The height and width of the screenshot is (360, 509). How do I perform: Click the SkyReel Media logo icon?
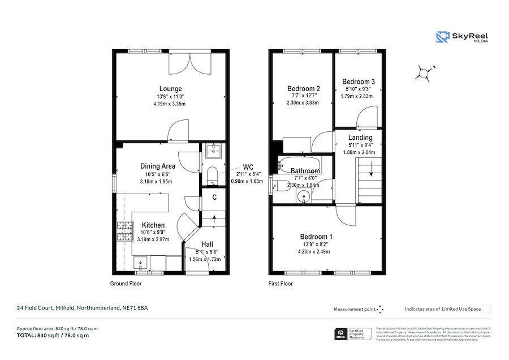(x=442, y=37)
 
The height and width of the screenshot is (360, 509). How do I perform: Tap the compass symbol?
(x=424, y=72)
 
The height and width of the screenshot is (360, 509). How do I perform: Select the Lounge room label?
(x=170, y=89)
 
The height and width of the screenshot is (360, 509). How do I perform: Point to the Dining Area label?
(x=157, y=166)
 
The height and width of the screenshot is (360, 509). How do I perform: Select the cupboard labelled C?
(x=215, y=198)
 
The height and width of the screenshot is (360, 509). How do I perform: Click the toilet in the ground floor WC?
(x=212, y=173)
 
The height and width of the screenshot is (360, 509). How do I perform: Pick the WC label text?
(x=248, y=167)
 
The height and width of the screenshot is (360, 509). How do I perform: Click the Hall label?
(x=207, y=245)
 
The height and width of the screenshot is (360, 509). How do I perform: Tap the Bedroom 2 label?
(x=304, y=89)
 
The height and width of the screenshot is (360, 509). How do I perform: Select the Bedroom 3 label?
(x=358, y=82)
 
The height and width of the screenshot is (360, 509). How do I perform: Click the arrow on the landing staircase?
(x=370, y=168)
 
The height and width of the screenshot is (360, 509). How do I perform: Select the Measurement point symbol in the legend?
(x=380, y=309)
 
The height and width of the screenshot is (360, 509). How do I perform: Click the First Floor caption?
(x=281, y=284)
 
